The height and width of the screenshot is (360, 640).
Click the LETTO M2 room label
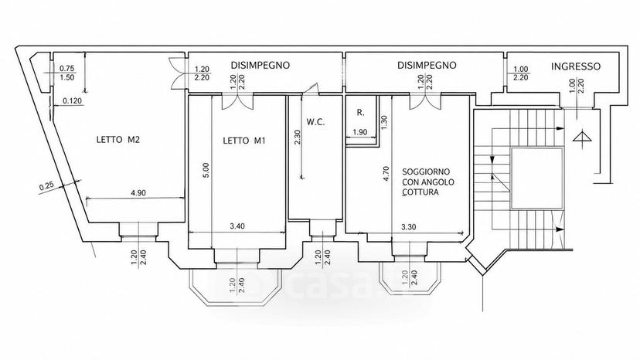118,140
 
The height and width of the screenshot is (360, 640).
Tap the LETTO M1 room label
244,141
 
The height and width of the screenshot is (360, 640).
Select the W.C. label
315,121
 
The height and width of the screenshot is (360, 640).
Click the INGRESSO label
576,66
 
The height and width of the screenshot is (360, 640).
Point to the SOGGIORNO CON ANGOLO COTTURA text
428,182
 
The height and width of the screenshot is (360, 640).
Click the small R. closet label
360,113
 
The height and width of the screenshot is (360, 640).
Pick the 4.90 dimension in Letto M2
138,193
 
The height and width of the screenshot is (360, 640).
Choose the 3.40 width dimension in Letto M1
237,226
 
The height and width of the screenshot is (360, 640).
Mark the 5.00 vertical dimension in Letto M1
206,170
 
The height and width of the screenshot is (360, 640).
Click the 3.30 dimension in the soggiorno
408,227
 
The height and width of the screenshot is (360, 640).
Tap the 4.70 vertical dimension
386,173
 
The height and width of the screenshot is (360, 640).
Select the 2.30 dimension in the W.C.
297,138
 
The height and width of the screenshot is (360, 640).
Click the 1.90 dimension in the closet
360,132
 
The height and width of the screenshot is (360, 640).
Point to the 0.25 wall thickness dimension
46,186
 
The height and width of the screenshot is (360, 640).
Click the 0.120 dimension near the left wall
72,101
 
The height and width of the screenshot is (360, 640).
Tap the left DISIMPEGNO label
260,65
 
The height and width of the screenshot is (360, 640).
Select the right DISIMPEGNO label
427,65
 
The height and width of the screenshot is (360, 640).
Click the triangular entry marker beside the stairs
582,136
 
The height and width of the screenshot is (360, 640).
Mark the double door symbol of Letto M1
237,102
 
